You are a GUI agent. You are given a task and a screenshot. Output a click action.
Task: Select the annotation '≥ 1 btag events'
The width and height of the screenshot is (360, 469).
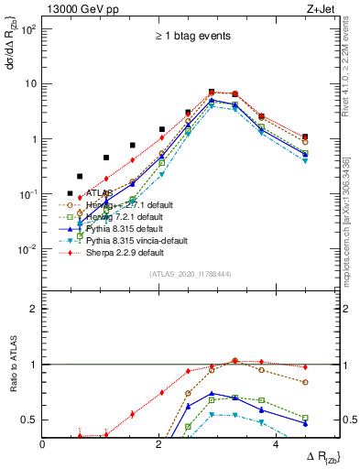[x=192, y=36]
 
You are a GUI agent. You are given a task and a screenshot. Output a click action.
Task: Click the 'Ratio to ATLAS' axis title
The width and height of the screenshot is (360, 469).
[x=12, y=381]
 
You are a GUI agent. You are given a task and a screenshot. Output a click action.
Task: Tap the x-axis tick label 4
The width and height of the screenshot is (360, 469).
[x=275, y=445]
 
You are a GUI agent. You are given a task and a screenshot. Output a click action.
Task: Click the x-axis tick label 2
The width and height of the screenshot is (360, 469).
[x=159, y=445]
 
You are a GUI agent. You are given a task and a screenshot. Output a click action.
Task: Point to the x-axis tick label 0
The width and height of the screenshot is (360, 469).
[x=43, y=445]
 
